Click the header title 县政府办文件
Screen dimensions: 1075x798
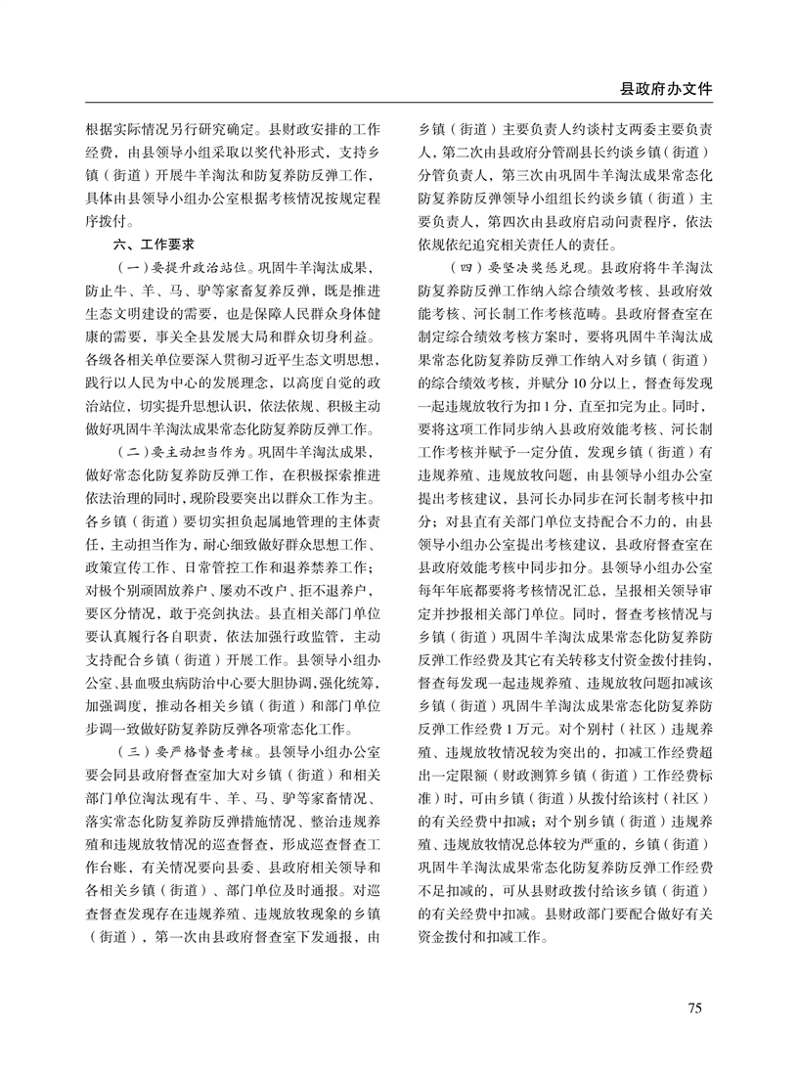(x=666, y=88)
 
